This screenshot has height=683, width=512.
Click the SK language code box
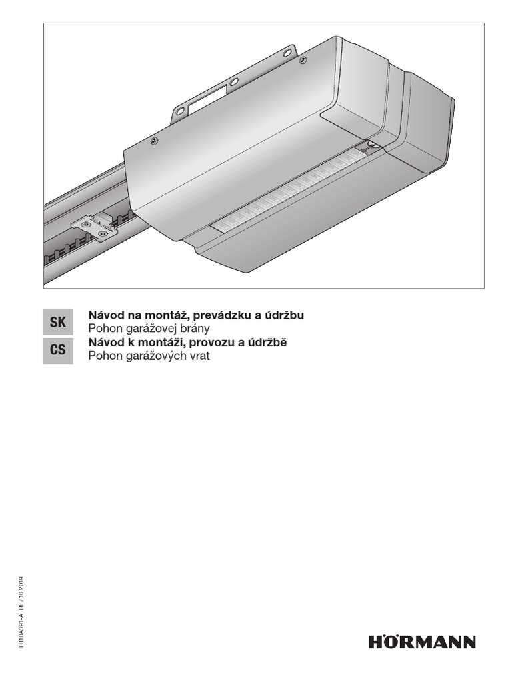pos(57,323)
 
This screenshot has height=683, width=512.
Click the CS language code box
pos(57,350)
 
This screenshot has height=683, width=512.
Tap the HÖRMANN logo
pos(422,642)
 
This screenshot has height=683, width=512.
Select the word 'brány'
pos(195,329)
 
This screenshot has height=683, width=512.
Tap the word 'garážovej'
pos(150,329)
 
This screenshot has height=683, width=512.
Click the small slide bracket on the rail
pos(94,227)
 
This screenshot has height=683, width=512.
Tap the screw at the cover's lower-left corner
pos(154,140)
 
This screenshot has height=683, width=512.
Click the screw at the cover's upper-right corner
pos(303,61)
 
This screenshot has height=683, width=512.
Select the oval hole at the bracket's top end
pos(287,51)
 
